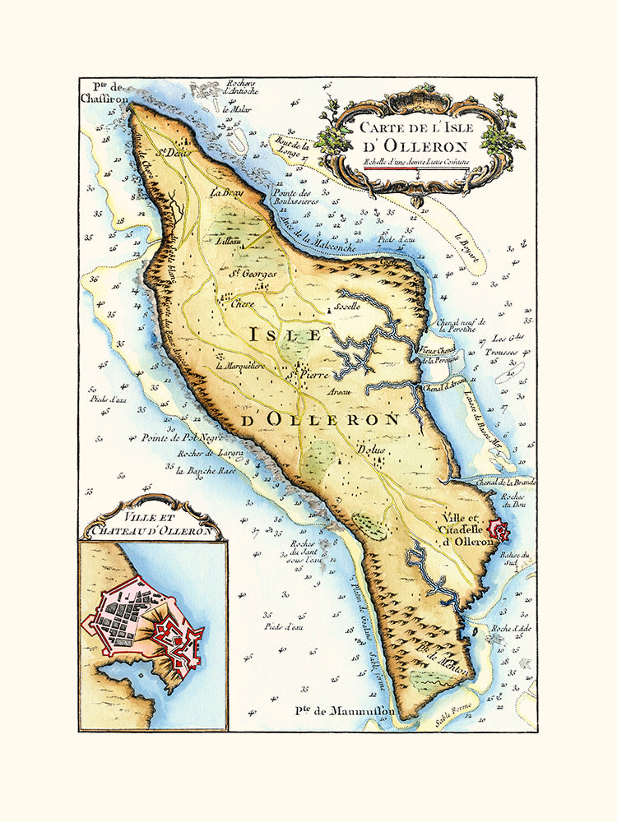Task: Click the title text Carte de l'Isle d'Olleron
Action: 420,136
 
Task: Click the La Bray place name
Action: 222,193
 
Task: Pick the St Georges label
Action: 251,273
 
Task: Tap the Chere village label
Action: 243,303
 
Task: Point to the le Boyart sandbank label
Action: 468,243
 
